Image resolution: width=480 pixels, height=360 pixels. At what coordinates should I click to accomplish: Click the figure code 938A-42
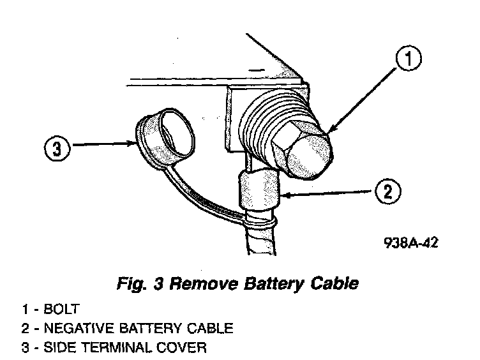[x=412, y=243]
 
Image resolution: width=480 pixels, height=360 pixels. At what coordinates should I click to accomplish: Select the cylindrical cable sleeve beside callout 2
[x=259, y=190]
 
